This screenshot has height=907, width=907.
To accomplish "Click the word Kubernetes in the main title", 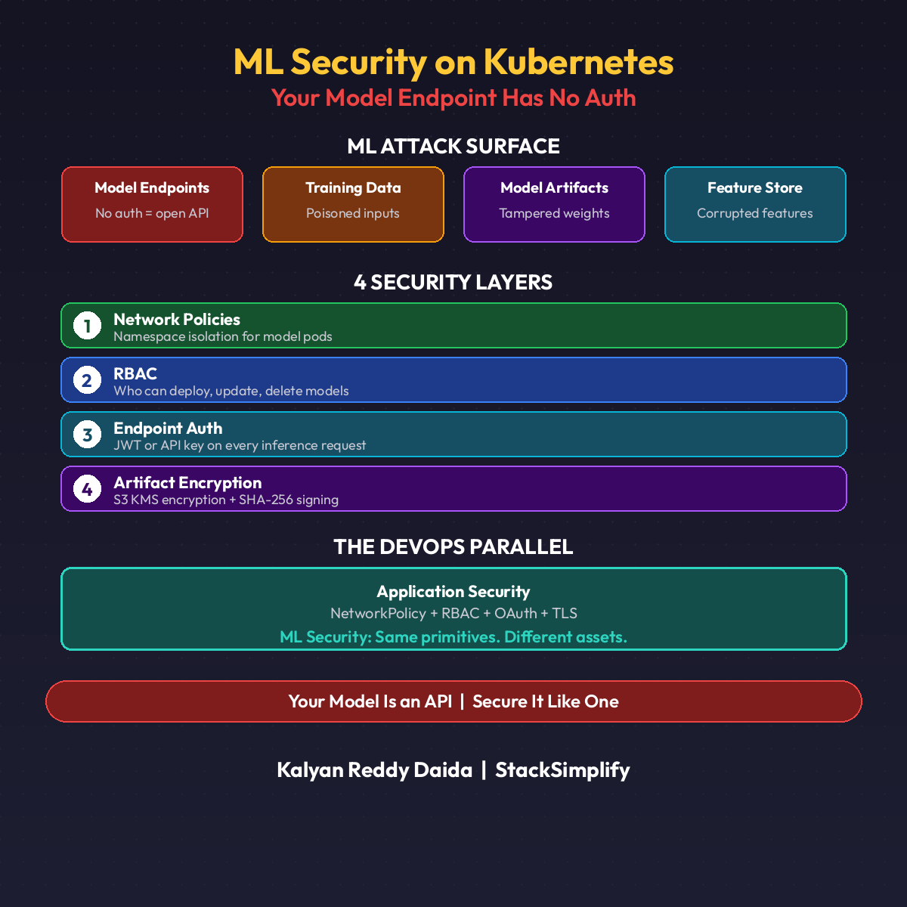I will (578, 62).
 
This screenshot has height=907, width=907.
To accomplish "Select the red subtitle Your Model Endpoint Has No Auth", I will (453, 98).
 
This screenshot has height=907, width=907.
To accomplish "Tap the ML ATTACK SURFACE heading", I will (453, 146).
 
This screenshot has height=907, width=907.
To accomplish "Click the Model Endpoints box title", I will (152, 187).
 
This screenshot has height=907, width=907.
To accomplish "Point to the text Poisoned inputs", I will (353, 213).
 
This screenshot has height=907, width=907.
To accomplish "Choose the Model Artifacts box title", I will (554, 187).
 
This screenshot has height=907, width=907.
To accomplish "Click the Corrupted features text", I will (755, 213).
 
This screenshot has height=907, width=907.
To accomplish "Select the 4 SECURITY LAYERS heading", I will (453, 282).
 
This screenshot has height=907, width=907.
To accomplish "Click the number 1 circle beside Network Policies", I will (87, 326).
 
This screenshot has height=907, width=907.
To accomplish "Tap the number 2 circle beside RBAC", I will (87, 380).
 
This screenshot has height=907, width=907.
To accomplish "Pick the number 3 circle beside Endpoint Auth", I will (87, 435).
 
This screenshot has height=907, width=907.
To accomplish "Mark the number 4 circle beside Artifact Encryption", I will (87, 489).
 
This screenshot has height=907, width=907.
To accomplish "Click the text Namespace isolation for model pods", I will (223, 336).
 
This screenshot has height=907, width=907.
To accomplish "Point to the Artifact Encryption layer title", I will (187, 482).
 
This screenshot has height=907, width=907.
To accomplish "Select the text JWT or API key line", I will (240, 445).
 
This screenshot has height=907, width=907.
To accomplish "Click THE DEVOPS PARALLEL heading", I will (453, 546).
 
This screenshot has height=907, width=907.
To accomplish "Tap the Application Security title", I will (453, 591).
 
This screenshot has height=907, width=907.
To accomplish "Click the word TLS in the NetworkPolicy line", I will (565, 613).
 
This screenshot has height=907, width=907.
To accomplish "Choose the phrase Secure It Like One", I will (546, 701).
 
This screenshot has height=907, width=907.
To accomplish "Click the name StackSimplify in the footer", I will (562, 769).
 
